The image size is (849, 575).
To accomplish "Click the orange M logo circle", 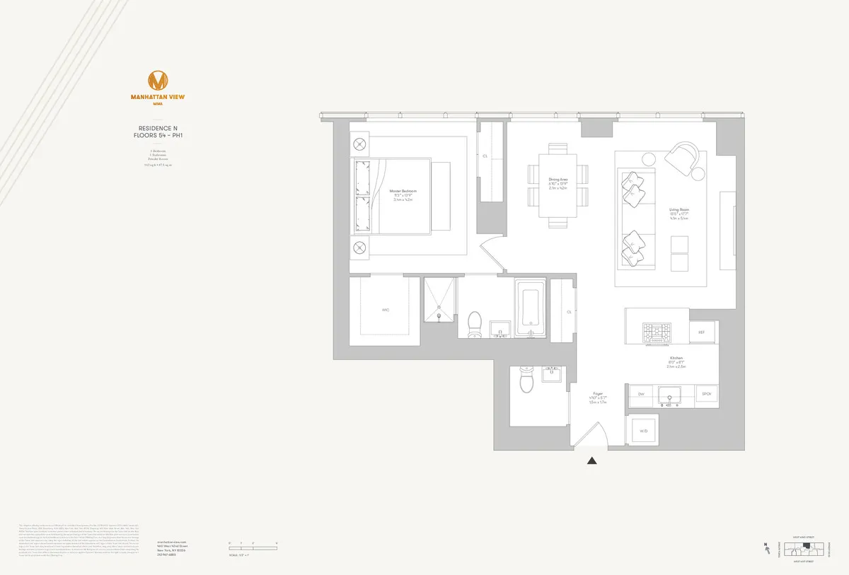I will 157,79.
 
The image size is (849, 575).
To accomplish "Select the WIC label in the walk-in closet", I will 386,310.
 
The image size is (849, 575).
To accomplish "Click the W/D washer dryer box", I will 643,430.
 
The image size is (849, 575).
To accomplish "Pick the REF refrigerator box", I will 701,332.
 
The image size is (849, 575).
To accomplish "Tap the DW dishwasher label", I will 641,394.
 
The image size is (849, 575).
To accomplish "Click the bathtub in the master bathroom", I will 529,309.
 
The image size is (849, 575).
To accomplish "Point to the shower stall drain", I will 440,307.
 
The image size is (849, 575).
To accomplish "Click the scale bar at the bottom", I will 253,545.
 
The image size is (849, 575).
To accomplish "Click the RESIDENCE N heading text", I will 158,128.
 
